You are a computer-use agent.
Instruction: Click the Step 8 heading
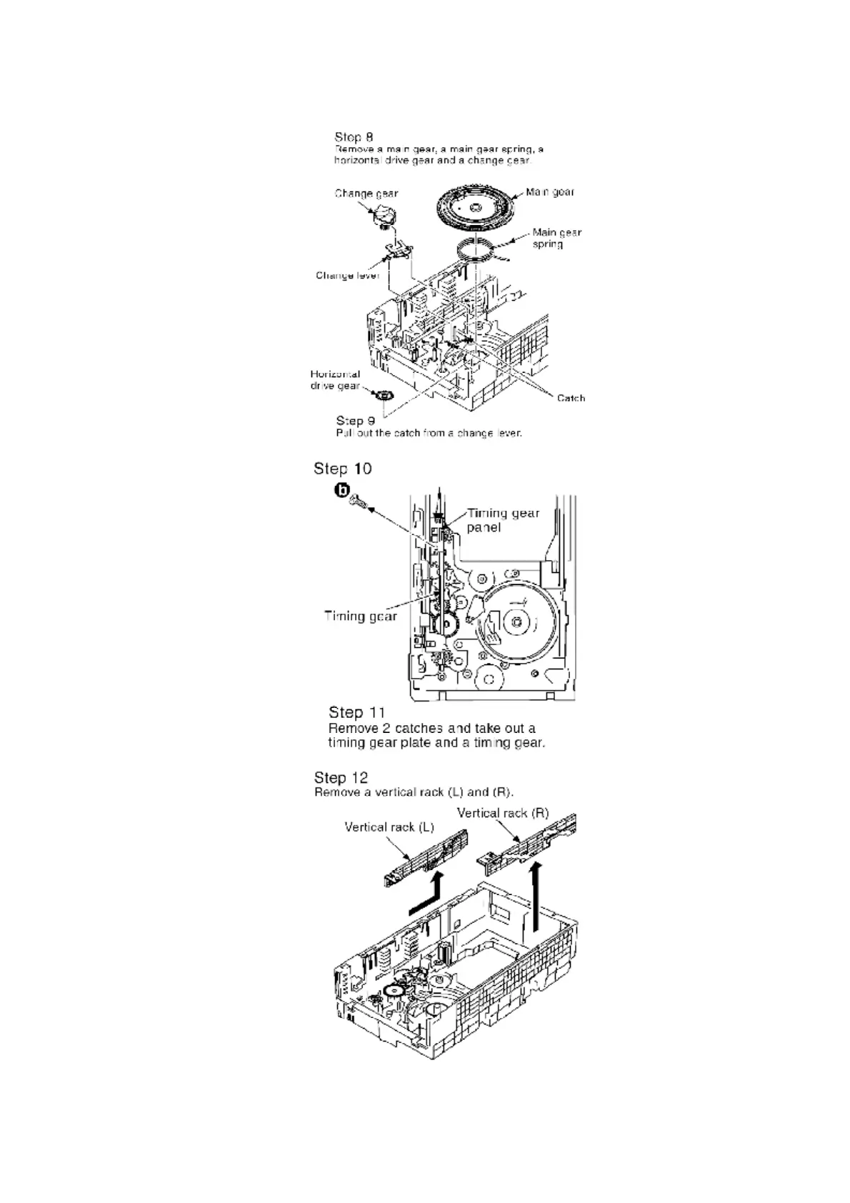354,136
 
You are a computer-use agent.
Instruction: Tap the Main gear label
549,191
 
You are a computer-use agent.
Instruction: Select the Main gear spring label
556,238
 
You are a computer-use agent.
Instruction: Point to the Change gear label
366,193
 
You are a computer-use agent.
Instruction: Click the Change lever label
347,275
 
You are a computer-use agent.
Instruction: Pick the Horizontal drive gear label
335,379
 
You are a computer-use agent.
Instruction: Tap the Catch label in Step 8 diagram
571,398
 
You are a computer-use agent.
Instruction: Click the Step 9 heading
355,421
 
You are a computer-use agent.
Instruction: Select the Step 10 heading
342,469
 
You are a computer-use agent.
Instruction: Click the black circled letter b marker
344,490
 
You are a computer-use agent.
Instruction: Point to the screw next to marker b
357,505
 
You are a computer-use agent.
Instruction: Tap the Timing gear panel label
503,520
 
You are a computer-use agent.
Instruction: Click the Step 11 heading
356,712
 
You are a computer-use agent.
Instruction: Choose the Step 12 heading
341,777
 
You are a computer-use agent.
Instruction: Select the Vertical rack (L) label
389,827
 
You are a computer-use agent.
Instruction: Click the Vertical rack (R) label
502,813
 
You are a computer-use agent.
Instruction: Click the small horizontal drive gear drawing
385,394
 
